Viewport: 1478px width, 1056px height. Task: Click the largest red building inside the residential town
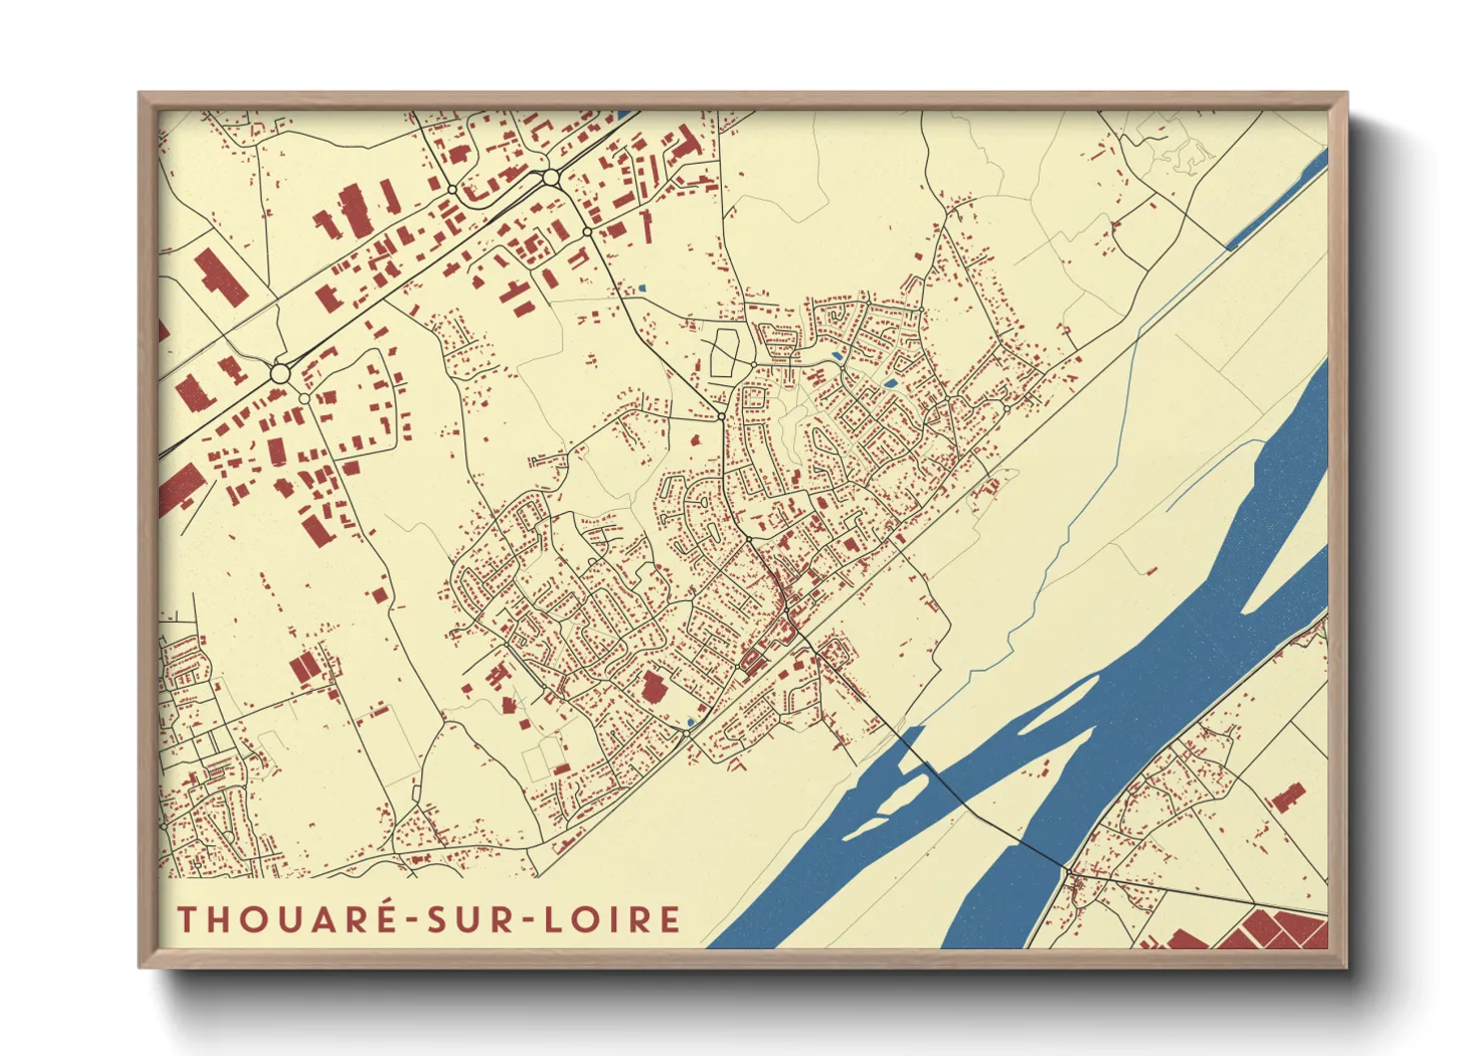[653, 687]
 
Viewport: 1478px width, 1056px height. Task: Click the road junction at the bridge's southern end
[1069, 873]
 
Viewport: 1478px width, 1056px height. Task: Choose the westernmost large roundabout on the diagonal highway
[280, 373]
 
